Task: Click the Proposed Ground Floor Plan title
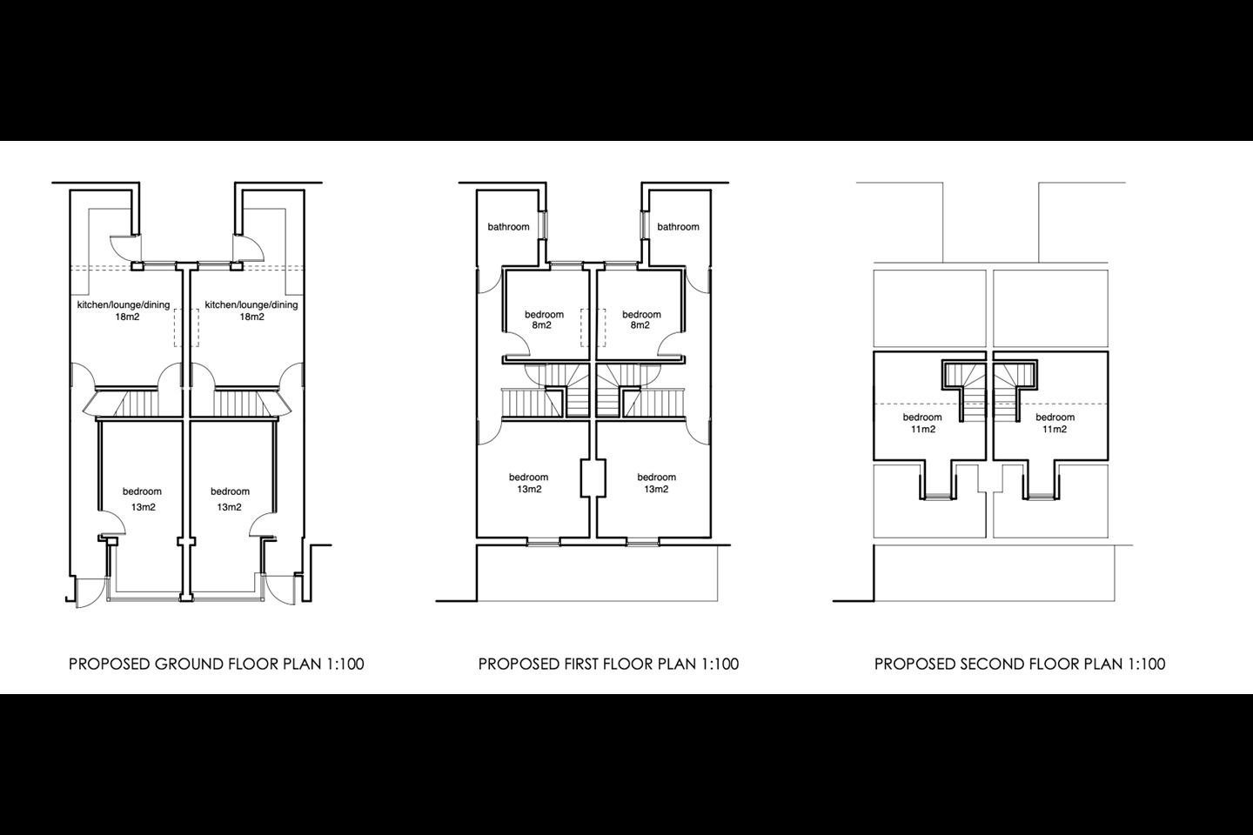(x=216, y=665)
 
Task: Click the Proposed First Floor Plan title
(x=608, y=665)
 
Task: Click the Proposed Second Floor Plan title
(x=1019, y=665)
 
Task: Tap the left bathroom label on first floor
(x=508, y=227)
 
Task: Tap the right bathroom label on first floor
(x=678, y=227)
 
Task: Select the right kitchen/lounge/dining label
(x=251, y=311)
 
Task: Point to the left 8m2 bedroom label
(x=544, y=320)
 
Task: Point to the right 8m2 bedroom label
(x=641, y=320)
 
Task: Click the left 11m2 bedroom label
(x=922, y=424)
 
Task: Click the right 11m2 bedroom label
(x=1055, y=424)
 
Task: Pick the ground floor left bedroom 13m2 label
(x=142, y=499)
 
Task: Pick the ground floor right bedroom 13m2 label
(x=230, y=499)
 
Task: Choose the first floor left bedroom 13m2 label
(x=528, y=483)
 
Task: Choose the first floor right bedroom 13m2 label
(x=656, y=483)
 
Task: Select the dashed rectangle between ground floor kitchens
(x=186, y=327)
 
